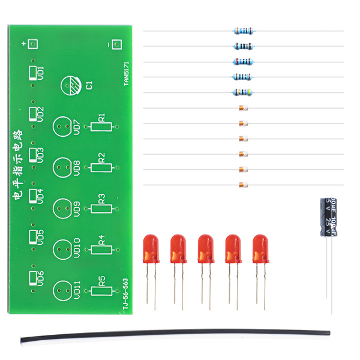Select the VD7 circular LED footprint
62,127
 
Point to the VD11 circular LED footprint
62,291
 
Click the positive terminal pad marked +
32,45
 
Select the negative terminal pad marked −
114,45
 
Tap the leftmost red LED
150,249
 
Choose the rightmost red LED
260,249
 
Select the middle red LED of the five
205,249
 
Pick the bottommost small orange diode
242,184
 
